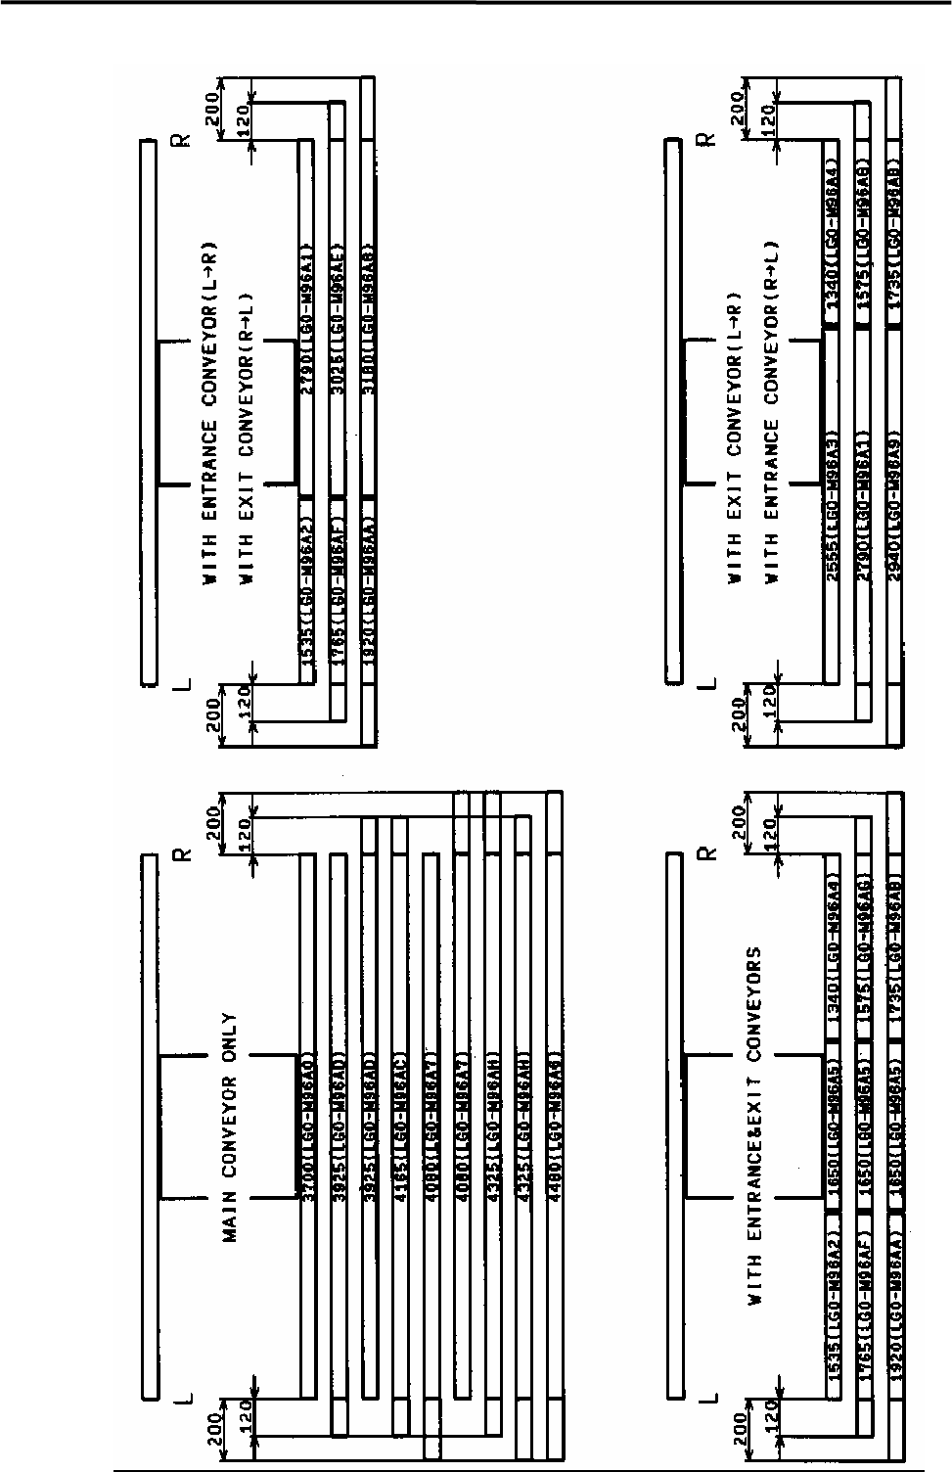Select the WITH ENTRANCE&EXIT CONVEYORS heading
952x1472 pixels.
pyautogui.click(x=755, y=1125)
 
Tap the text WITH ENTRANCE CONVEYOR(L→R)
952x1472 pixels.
pyautogui.click(x=209, y=411)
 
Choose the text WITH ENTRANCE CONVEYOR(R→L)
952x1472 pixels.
pyautogui.click(x=773, y=411)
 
